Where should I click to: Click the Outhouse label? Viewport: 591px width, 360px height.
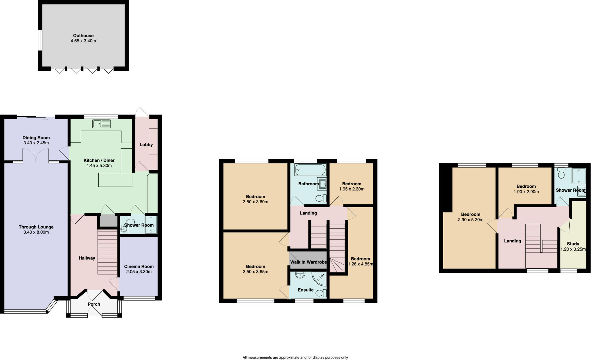(x=83, y=36)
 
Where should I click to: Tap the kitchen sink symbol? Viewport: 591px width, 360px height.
(x=101, y=124)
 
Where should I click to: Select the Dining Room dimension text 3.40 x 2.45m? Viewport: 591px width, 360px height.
(x=36, y=143)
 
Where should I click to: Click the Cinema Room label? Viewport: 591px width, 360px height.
(x=139, y=266)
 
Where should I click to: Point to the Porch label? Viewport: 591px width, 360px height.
(x=94, y=304)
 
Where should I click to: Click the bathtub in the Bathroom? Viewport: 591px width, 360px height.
(x=310, y=170)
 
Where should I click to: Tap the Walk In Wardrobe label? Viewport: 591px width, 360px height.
(x=308, y=262)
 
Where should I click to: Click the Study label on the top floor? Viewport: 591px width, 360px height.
(x=573, y=244)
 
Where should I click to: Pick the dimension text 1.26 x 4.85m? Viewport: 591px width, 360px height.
(x=360, y=264)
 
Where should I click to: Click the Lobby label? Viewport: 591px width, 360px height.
(x=146, y=145)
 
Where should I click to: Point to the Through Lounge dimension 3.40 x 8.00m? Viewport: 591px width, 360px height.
(x=36, y=232)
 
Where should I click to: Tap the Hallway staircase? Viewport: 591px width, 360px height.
(x=107, y=252)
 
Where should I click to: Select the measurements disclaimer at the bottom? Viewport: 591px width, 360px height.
(x=295, y=357)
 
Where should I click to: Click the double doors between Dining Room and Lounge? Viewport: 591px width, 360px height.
(x=36, y=155)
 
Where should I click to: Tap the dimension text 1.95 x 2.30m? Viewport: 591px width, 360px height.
(x=351, y=189)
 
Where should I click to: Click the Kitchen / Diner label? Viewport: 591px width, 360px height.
(x=99, y=160)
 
